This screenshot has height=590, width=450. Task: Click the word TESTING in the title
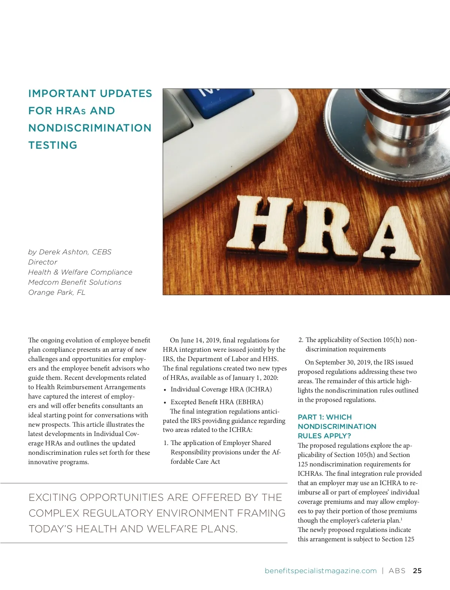(x=53, y=145)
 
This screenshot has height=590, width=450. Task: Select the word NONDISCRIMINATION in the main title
(x=90, y=128)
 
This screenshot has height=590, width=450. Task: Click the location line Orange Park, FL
(x=57, y=293)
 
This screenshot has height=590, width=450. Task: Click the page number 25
(x=417, y=571)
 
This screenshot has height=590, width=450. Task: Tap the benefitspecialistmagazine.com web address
(x=321, y=571)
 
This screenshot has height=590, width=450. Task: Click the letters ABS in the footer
(x=397, y=571)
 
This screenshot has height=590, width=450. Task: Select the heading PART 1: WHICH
(x=325, y=417)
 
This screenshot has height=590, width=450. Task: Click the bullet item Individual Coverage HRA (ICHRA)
(x=221, y=390)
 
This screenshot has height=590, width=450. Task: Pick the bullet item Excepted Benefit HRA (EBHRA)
(x=217, y=402)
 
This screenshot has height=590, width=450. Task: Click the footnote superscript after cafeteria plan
(x=402, y=519)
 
